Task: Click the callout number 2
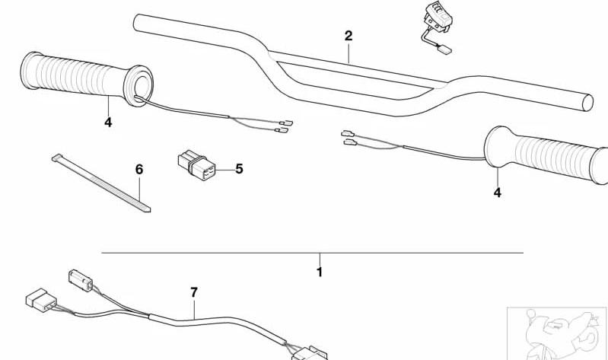click(349, 36)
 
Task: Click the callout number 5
click(239, 169)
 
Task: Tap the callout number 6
click(139, 170)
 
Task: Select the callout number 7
click(194, 292)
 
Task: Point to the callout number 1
click(320, 272)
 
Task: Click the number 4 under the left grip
click(108, 123)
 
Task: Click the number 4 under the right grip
click(498, 193)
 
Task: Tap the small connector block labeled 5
click(196, 165)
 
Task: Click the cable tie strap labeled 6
click(101, 183)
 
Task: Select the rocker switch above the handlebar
click(438, 18)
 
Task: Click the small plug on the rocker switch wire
click(445, 49)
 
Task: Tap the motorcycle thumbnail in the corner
click(557, 333)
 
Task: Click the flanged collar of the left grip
click(138, 86)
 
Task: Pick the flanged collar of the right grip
click(495, 148)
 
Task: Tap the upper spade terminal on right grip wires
click(348, 134)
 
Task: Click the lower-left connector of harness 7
click(41, 300)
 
